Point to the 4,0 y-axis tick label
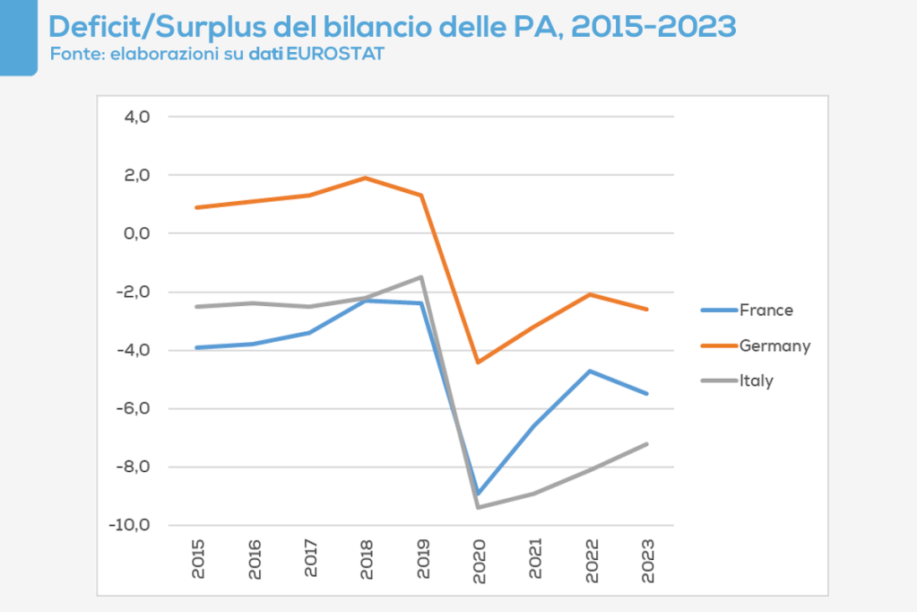[131, 117]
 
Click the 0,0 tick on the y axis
[131, 233]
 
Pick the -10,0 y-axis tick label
[126, 525]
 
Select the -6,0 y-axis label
[129, 408]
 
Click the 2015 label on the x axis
[197, 558]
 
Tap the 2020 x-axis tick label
[478, 558]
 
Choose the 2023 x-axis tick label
[646, 558]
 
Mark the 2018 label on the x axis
[366, 558]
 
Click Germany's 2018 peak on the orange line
[366, 178]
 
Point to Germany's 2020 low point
[478, 362]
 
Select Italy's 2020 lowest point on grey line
[478, 507]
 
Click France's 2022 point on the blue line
[591, 371]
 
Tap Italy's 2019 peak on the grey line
[421, 277]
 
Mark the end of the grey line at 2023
[646, 443]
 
